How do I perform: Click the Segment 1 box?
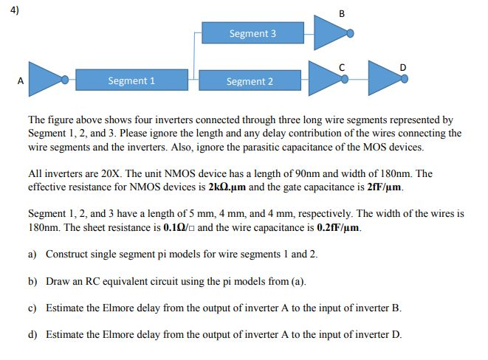coord(131,80)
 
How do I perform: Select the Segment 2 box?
coord(250,81)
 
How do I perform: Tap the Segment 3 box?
coord(252,33)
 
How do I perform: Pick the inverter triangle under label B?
coord(330,32)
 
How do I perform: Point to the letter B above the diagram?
coord(342,14)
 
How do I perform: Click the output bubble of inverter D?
coord(404,78)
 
